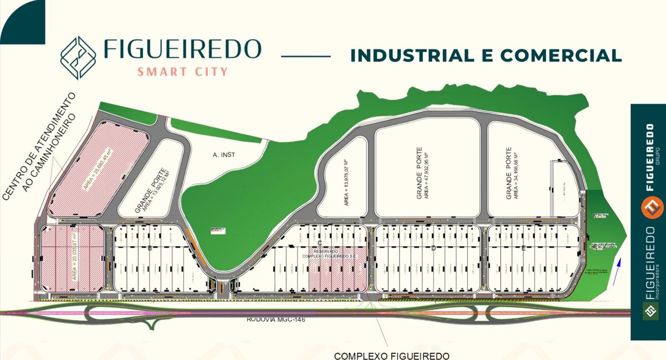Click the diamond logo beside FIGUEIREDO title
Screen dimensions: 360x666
click(x=78, y=58)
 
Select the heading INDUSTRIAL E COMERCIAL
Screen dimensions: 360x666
click(x=486, y=55)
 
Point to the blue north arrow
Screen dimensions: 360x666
click(x=619, y=271)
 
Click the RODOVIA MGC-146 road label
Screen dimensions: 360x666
click(x=276, y=320)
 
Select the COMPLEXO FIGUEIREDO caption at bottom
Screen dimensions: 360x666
click(x=391, y=356)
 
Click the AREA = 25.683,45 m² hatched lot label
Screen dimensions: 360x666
click(x=98, y=170)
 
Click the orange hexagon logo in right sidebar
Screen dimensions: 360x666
click(x=652, y=206)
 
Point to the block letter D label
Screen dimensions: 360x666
click(x=433, y=249)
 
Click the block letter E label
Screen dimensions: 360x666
click(x=523, y=249)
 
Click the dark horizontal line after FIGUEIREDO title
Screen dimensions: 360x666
click(x=306, y=55)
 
